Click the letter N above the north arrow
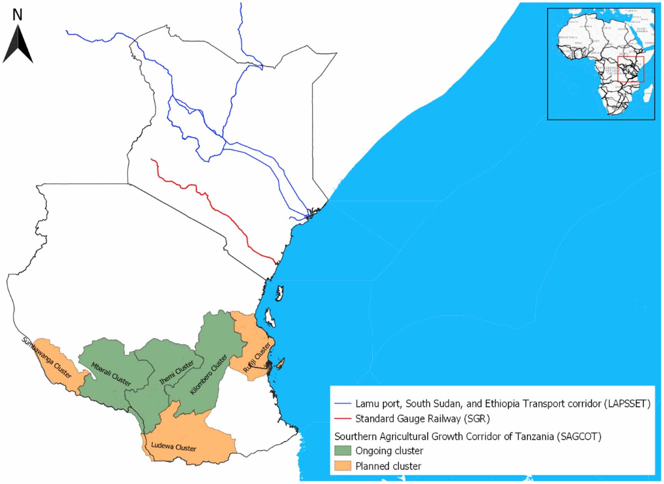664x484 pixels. point(17,15)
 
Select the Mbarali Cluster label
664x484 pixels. point(111,374)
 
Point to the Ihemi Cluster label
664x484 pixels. point(177,372)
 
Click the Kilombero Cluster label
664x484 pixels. point(209,374)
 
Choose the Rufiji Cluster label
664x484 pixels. point(256,358)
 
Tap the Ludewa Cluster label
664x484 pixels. point(174,447)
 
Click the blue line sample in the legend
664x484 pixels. point(343,404)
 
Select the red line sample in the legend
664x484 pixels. point(343,419)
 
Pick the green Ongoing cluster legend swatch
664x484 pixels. point(343,451)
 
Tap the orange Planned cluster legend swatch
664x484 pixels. point(343,466)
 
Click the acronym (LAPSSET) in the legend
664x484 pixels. point(627,404)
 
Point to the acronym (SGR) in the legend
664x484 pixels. point(477,419)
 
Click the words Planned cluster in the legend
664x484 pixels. point(388,466)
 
